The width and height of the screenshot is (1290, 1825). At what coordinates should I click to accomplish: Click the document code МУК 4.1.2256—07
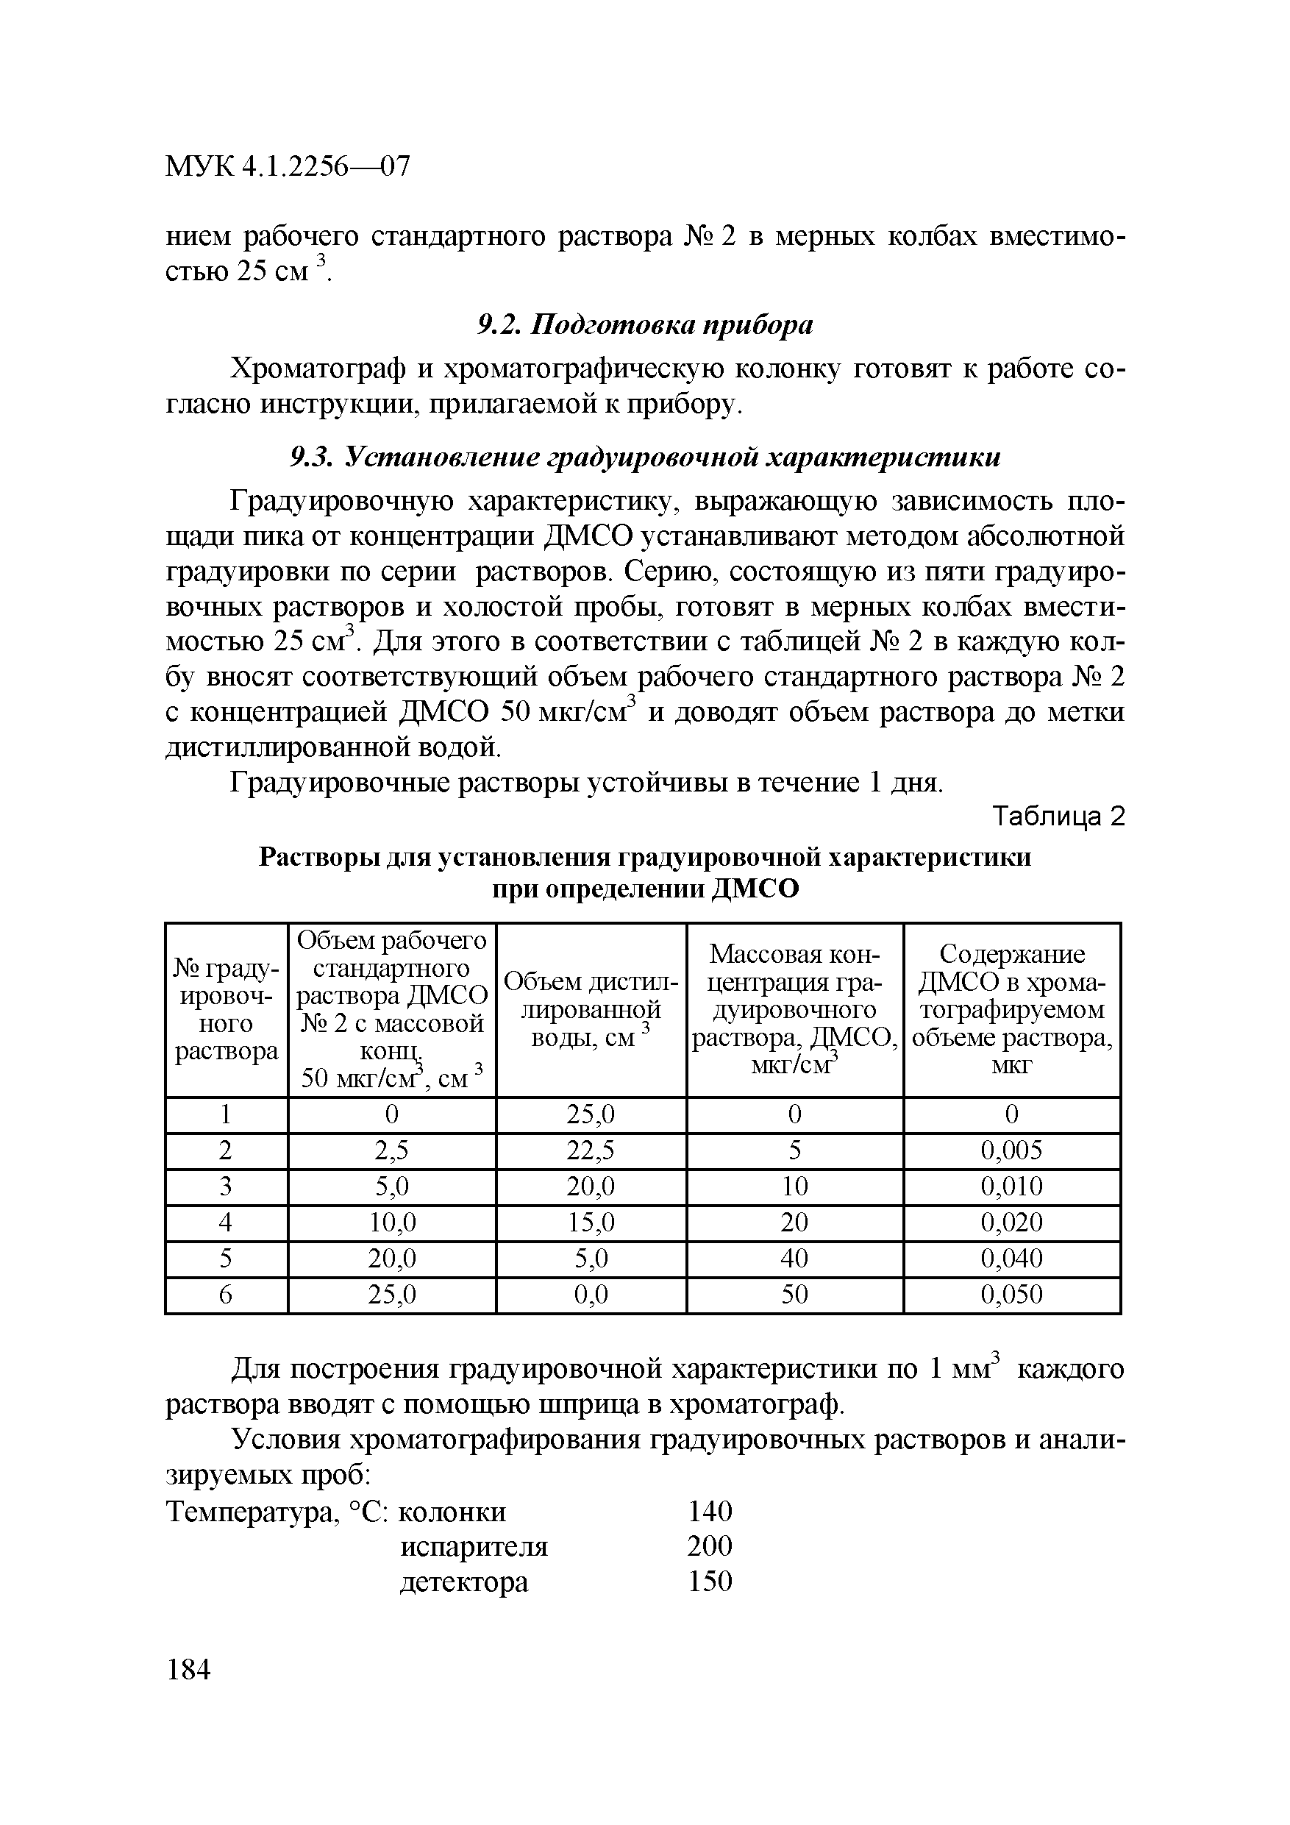coord(288,167)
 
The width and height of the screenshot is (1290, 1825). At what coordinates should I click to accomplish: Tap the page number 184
coord(188,1669)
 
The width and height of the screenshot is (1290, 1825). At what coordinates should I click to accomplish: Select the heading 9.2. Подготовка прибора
coord(644,325)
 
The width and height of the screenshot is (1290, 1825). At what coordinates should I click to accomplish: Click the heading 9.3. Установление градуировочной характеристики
coord(644,457)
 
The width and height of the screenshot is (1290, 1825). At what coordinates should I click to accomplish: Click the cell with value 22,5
coord(591,1150)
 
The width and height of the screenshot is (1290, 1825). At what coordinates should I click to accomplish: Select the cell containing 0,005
coord(1011,1150)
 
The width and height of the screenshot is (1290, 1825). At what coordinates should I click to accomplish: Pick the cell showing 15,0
coord(591,1222)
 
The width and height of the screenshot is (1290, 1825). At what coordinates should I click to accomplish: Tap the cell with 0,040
coord(1011,1259)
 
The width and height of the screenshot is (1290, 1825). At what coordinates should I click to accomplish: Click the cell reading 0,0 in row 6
coord(591,1295)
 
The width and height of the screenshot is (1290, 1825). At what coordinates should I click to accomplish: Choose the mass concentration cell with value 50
coord(794,1295)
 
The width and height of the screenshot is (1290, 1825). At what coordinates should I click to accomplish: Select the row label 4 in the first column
coord(226,1222)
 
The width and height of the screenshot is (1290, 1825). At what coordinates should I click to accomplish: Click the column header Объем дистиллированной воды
coord(591,1009)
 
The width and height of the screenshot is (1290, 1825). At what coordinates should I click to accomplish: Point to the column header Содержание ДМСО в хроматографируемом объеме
coord(1011,1009)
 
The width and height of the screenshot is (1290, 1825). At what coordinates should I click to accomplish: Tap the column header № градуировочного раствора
coord(226,1009)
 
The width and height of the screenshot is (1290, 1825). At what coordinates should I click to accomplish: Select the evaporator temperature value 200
coord(709,1546)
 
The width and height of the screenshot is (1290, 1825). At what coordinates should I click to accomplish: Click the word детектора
coord(463,1582)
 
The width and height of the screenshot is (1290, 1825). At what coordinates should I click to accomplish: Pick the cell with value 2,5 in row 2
coord(391,1150)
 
